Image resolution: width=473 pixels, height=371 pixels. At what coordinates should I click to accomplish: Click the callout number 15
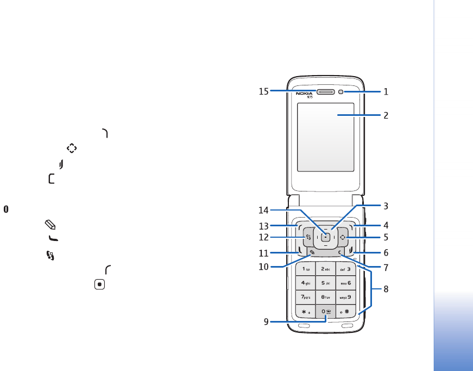pos(263,92)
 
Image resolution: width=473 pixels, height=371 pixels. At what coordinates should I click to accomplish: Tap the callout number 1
pos(386,92)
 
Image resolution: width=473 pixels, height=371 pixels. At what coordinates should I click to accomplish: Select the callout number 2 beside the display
pos(386,115)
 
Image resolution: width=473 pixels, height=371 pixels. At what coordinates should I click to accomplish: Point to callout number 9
pos(267,321)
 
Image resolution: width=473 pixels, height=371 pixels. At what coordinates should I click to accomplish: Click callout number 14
pos(263,210)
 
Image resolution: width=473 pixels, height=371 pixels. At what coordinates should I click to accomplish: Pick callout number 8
pos(386,289)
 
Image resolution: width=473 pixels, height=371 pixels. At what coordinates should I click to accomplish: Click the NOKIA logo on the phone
pos(304,93)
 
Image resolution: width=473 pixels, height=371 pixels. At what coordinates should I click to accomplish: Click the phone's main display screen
pos(325,144)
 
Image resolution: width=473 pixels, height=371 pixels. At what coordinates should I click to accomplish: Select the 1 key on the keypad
pos(305,268)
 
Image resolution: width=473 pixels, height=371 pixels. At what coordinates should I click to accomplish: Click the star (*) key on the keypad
pos(305,312)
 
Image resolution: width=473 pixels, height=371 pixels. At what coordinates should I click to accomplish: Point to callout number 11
pos(263,253)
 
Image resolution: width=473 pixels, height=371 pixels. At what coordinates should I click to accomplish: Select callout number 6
pos(386,253)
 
